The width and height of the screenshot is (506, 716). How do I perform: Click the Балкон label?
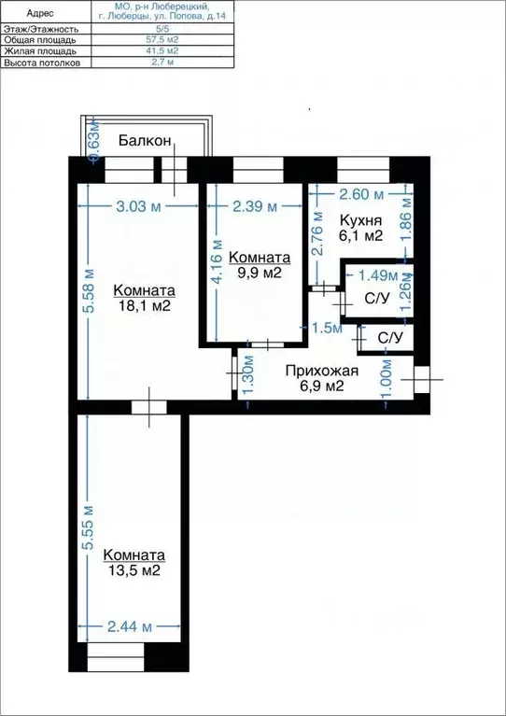(145, 141)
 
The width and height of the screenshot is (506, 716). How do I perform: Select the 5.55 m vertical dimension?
(89, 528)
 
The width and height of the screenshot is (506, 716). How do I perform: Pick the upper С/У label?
(376, 300)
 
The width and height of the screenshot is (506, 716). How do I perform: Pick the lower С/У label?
(390, 338)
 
